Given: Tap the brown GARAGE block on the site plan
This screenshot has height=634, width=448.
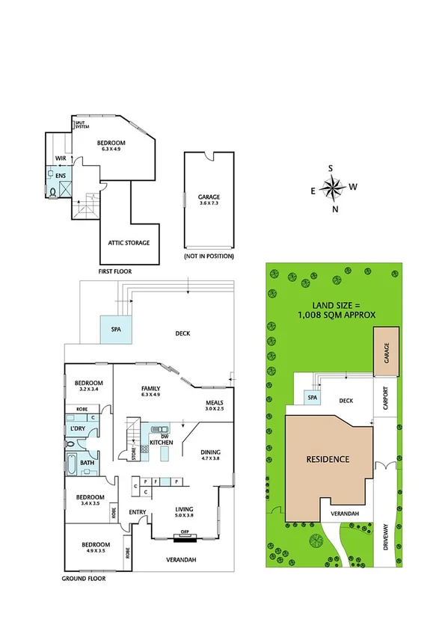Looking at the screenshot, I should click(x=387, y=358).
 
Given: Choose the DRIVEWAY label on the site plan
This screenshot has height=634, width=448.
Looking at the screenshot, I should click(x=386, y=541).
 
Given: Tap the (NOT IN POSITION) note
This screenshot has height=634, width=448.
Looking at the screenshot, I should click(x=209, y=256).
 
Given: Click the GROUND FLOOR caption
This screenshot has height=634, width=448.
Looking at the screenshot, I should click(x=83, y=579).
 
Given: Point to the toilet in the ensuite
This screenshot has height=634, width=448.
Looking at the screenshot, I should click(x=52, y=191).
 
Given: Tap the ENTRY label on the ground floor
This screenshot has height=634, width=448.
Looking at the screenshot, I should click(x=137, y=511).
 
